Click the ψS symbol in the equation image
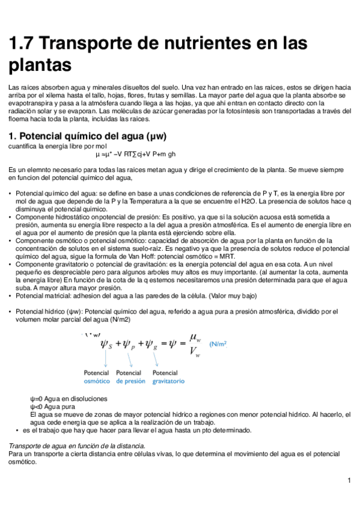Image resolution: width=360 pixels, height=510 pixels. tap(106, 344)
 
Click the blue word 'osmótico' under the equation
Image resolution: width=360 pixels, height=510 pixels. tap(97, 381)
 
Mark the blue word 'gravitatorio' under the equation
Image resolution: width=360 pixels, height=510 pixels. tap(168, 381)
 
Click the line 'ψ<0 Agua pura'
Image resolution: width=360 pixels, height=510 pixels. tap(52, 407)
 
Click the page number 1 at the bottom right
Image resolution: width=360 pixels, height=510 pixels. tap(349, 481)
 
